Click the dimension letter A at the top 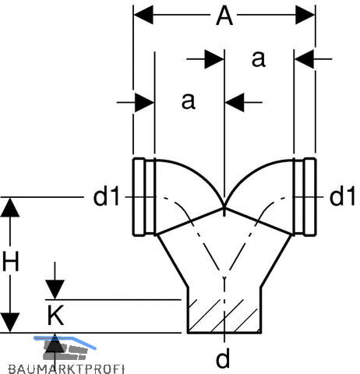pos(224,16)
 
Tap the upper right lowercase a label pos(259,59)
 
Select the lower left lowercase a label pos(189,101)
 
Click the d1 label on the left pos(107,197)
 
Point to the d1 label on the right pos(342,197)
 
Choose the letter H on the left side pos(11,261)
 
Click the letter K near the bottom pos(55,316)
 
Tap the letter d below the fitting pos(223,358)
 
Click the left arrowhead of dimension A pos(143,15)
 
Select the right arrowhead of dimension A pos(305,15)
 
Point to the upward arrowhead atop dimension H pos(10,207)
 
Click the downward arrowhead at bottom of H pos(10,323)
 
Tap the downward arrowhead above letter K pos(55,290)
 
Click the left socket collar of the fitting pos(144,197)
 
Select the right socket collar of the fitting pos(305,197)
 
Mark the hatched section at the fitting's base pos(224,316)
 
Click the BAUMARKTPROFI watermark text pos(66,369)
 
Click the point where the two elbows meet pos(224,207)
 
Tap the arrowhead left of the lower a pos(145,103)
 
